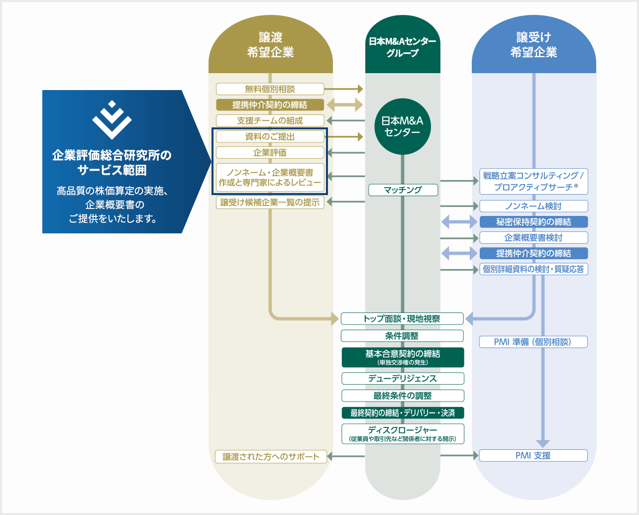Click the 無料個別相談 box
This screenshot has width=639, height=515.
(x=270, y=89)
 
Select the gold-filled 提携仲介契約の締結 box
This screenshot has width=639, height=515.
(x=270, y=105)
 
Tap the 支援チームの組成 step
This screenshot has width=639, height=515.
(x=270, y=120)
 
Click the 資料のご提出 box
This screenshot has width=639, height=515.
(x=270, y=136)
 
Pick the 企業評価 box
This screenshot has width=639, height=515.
(x=270, y=153)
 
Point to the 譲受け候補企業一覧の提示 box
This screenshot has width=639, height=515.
(x=270, y=203)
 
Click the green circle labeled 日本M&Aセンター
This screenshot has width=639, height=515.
(x=402, y=126)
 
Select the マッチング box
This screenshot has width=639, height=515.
(x=403, y=190)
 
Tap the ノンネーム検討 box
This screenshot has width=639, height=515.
(x=533, y=206)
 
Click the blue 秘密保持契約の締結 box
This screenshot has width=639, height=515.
(x=533, y=222)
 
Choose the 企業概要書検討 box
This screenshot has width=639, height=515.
(x=533, y=238)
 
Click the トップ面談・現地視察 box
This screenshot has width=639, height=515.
(x=402, y=318)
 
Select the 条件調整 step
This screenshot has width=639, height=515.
(x=402, y=336)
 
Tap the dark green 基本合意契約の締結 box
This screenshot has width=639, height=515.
(x=403, y=357)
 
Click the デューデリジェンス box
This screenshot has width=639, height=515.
(x=403, y=379)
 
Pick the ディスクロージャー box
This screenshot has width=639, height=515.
(x=403, y=433)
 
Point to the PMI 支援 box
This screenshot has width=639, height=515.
(x=533, y=455)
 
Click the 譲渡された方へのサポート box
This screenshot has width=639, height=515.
(x=271, y=457)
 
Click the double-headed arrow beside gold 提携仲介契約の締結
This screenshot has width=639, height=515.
(x=345, y=105)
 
